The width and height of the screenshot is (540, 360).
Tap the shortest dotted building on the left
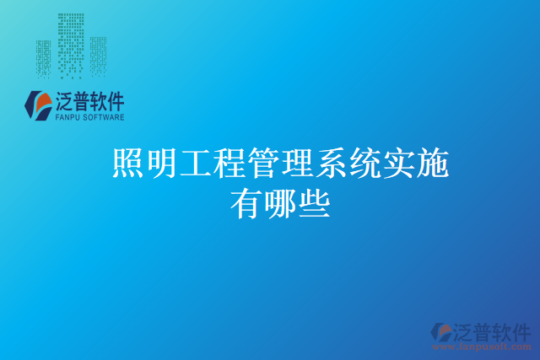click(x=43, y=59)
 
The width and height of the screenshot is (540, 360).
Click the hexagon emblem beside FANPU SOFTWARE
click(x=38, y=105)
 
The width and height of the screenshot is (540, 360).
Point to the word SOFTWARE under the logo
click(x=104, y=117)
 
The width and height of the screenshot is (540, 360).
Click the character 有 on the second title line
click(x=246, y=205)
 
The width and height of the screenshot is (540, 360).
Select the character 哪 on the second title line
click(x=280, y=205)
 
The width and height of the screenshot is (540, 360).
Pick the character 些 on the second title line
click(x=315, y=205)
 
